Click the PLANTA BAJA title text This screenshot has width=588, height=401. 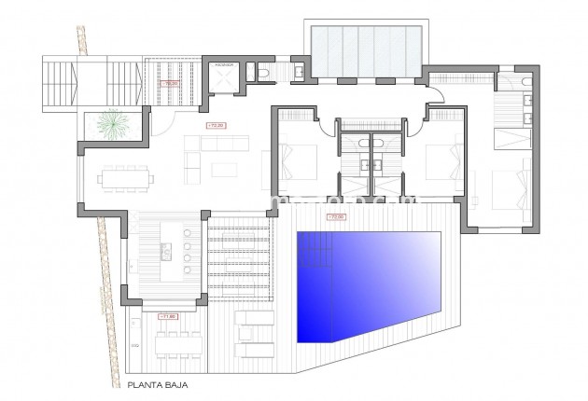point(155,382)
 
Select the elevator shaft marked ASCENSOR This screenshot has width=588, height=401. point(224,79)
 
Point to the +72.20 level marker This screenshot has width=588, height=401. point(213,124)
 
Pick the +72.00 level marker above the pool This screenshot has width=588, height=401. point(335,217)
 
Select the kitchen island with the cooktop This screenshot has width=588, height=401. point(165,249)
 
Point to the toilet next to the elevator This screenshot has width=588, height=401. point(263,73)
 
